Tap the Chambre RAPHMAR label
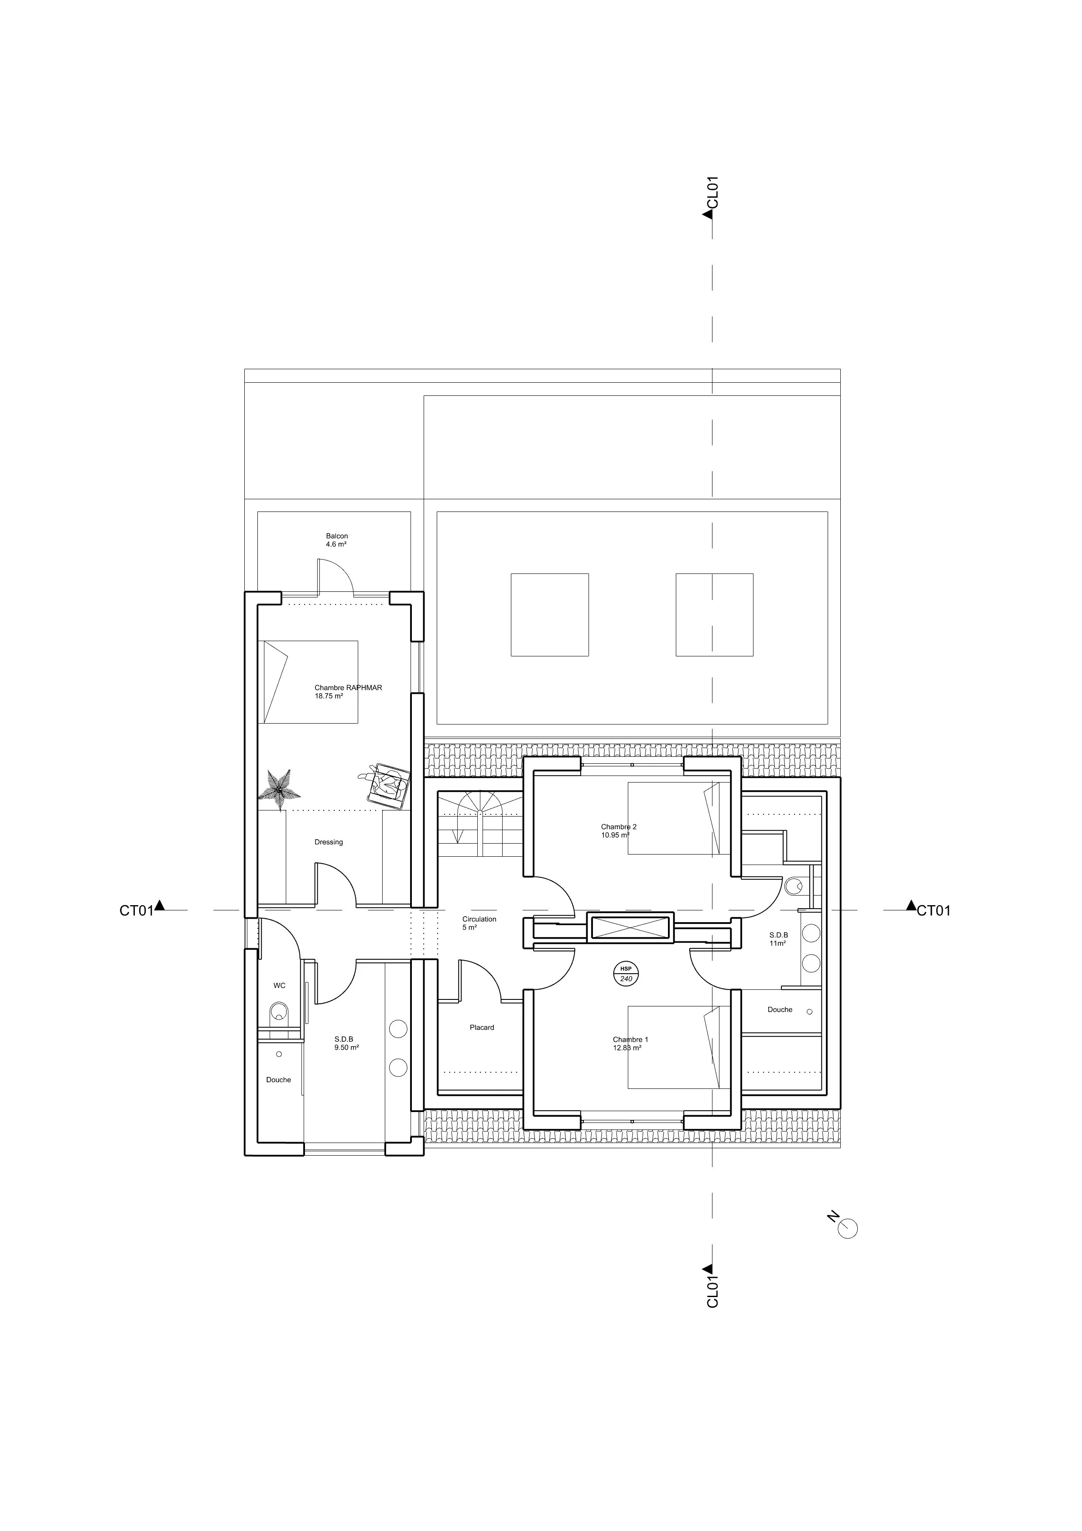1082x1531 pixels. click(348, 687)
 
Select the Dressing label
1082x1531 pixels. click(329, 842)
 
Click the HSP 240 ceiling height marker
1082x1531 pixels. click(626, 974)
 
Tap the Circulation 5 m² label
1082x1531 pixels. click(479, 923)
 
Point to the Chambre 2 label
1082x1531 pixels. click(619, 827)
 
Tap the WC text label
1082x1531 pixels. click(279, 985)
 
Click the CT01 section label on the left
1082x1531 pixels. click(137, 911)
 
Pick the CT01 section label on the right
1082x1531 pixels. click(933, 911)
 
